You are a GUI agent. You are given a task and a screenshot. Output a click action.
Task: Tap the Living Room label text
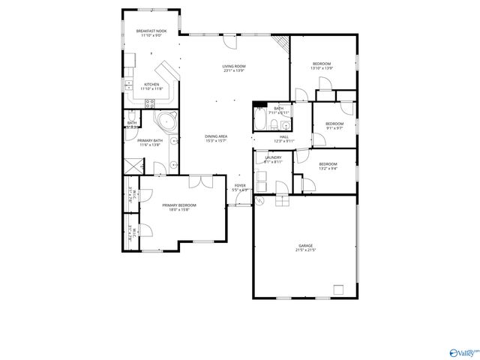tap(234, 67)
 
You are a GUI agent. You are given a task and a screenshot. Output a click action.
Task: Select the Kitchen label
tap(151, 85)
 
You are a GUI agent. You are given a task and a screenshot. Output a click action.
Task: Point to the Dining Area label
tap(216, 136)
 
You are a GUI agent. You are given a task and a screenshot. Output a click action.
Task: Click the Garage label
tap(305, 246)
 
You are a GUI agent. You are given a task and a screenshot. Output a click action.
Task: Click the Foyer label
tap(240, 185)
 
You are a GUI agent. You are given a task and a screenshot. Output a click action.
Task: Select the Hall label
tap(283, 136)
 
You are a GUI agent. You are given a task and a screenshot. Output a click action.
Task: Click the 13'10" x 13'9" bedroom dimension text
tap(322, 68)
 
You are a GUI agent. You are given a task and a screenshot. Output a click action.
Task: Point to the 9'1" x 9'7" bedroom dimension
tap(334, 128)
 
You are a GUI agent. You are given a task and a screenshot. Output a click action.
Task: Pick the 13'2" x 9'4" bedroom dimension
tap(328, 168)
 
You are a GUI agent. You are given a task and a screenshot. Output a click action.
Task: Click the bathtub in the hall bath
tap(259, 119)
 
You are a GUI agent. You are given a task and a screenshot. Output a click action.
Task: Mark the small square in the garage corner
tap(339, 289)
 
